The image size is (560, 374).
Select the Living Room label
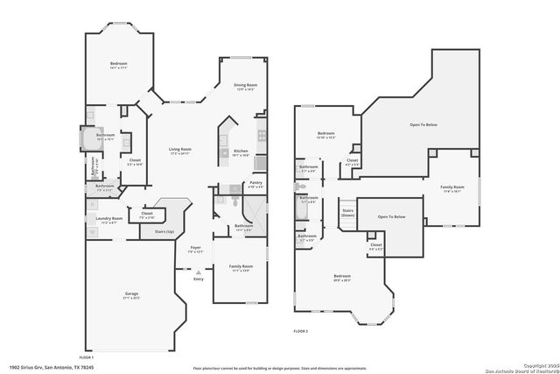180,150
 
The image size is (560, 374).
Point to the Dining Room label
244,86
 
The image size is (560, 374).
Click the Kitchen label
241,152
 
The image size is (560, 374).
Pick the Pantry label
255,183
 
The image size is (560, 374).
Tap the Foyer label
197,248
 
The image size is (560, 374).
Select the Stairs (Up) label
164,231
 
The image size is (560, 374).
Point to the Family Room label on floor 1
241,266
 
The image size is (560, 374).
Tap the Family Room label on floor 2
451,187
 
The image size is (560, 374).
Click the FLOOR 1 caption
87,357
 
